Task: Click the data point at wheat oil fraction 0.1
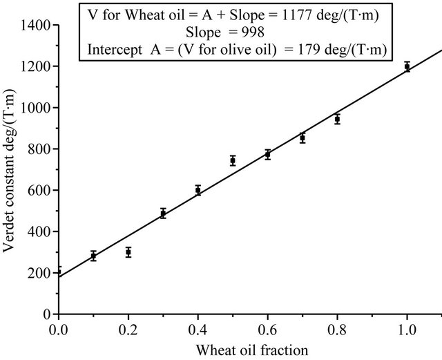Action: click(93, 256)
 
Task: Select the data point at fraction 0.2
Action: click(128, 252)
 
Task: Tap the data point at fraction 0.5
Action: click(233, 160)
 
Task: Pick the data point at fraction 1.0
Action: click(407, 67)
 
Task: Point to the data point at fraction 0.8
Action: click(337, 119)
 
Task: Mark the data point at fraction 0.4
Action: click(198, 190)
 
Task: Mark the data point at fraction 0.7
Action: click(302, 138)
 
